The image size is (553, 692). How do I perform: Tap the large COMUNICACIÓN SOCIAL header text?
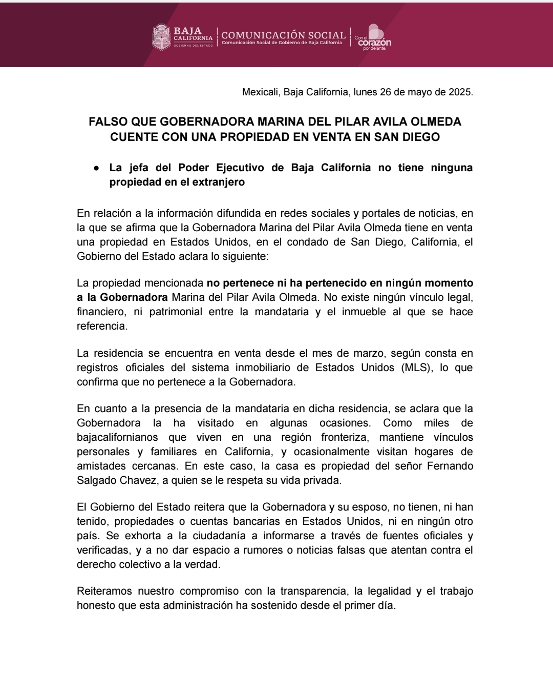click(283, 35)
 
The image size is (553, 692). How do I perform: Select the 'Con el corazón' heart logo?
click(374, 37)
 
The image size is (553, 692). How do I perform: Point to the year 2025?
click(460, 92)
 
